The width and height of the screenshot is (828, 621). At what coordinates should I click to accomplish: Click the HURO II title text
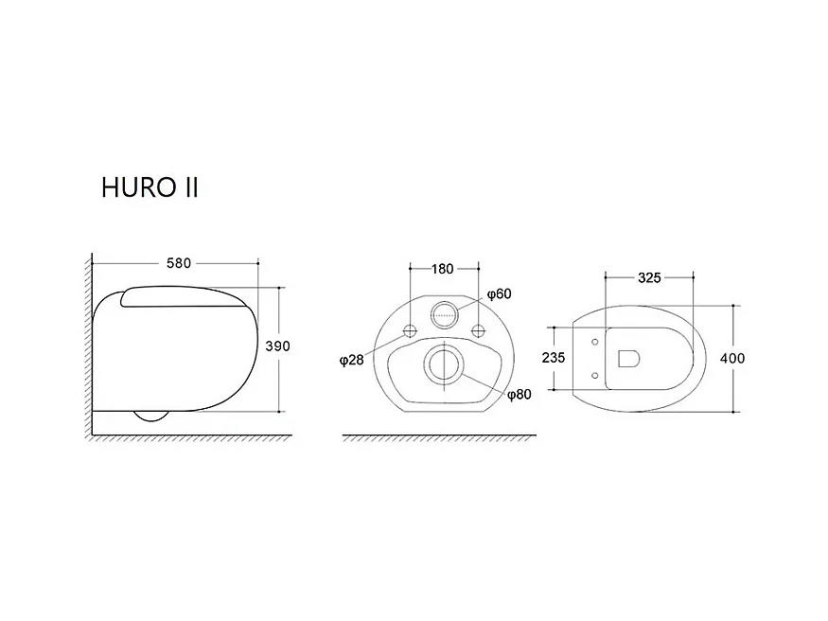(x=150, y=187)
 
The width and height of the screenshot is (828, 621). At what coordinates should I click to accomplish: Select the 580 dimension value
(x=179, y=263)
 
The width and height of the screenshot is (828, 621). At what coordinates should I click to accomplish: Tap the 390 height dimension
(x=278, y=346)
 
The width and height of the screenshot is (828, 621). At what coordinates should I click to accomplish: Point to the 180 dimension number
(x=443, y=269)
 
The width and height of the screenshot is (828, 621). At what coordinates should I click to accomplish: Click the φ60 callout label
(x=499, y=293)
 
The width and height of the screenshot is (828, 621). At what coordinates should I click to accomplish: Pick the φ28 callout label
(x=352, y=360)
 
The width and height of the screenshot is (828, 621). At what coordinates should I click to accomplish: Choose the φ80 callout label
(x=520, y=395)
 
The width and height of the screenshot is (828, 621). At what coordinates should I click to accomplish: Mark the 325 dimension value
(x=649, y=277)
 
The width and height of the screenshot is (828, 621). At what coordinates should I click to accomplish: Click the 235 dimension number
(x=554, y=358)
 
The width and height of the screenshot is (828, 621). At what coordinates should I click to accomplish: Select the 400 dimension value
(x=732, y=358)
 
